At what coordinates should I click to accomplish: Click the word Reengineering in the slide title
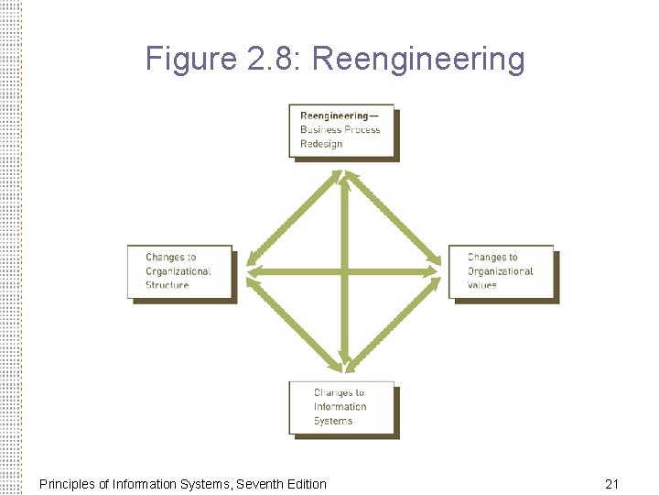(418, 60)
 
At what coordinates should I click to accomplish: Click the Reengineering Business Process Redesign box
(342, 131)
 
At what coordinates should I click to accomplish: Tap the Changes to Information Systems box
(341, 407)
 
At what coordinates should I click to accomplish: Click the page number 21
(612, 483)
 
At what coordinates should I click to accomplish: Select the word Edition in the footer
(305, 483)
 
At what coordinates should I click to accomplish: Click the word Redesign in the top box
(321, 144)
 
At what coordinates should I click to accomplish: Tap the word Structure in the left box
(167, 285)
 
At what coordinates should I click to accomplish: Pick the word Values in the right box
(482, 285)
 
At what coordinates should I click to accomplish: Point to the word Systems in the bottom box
(333, 421)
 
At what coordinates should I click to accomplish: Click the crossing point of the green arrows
(344, 270)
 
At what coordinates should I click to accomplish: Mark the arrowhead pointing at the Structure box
(252, 270)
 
